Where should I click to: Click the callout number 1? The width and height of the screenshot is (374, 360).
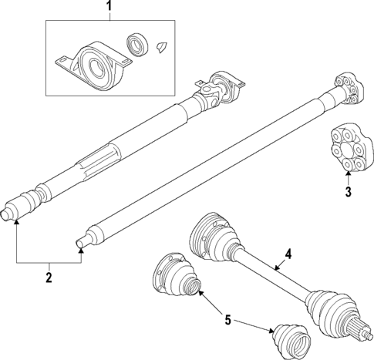click(x=109, y=8)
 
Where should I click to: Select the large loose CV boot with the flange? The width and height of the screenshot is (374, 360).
click(x=174, y=276)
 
